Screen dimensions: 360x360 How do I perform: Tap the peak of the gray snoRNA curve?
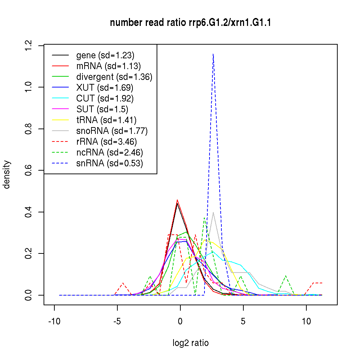(x=213, y=212)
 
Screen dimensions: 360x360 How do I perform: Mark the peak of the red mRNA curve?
(x=177, y=200)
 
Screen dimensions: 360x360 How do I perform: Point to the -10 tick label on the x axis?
(x=54, y=321)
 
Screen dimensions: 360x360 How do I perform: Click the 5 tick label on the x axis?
(x=243, y=321)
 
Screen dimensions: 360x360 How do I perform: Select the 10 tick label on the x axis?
(x=306, y=321)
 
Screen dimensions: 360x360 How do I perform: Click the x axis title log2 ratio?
(x=190, y=343)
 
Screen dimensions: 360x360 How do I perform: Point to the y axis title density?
(x=7, y=175)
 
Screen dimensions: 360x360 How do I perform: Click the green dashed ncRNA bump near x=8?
(x=285, y=276)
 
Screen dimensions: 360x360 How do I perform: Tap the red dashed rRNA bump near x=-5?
(x=123, y=283)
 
